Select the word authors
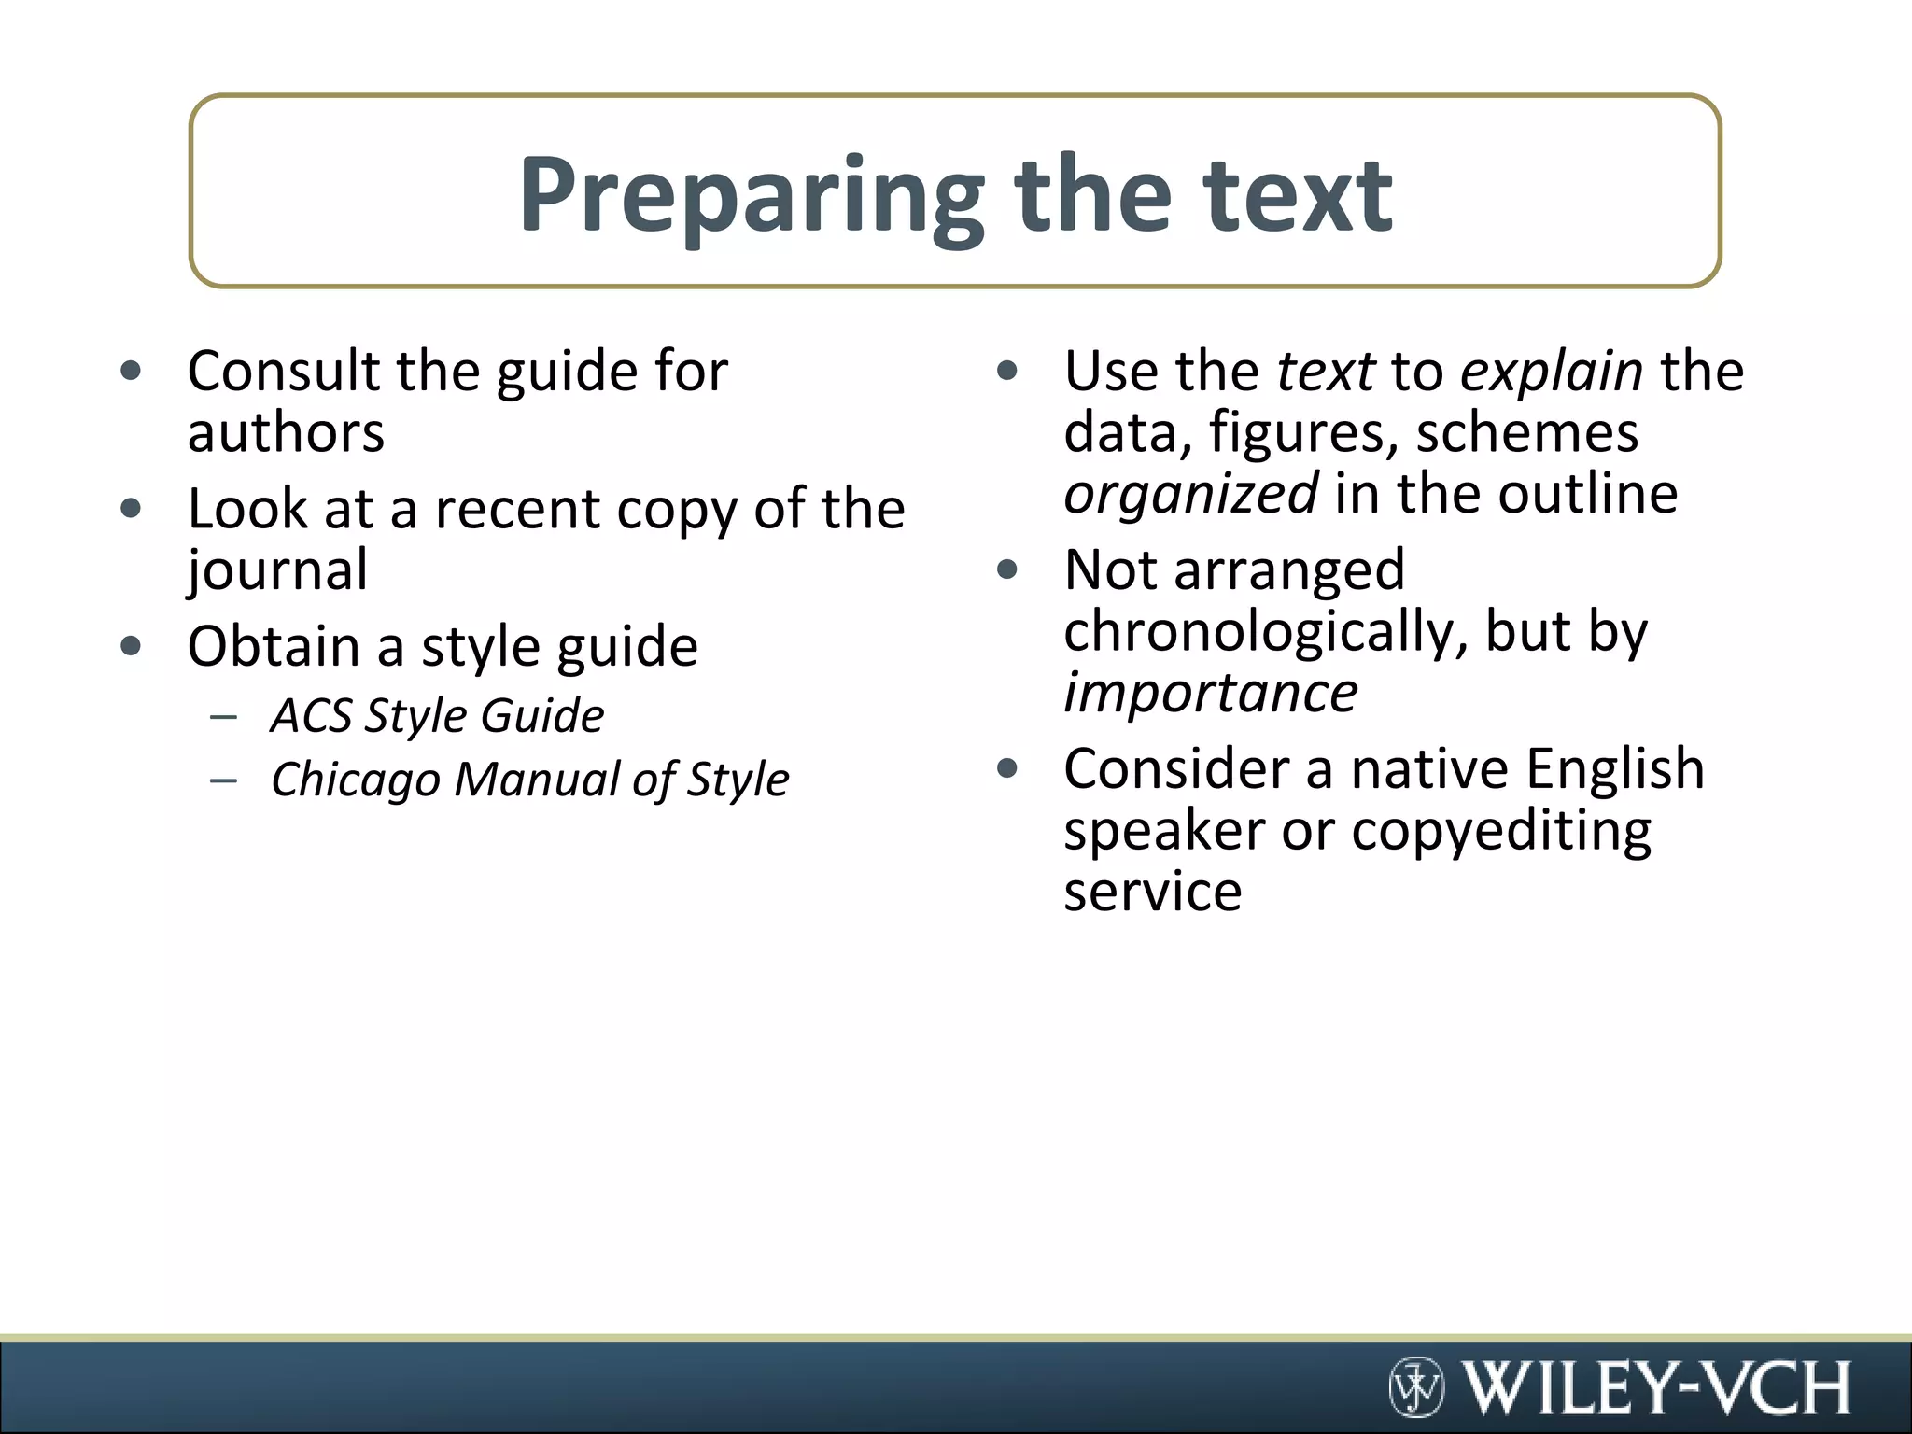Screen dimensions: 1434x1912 [x=286, y=432]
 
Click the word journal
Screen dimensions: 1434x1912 [x=277, y=570]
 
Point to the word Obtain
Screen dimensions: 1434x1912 [x=274, y=646]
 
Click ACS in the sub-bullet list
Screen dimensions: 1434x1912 [x=309, y=716]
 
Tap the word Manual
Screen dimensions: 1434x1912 [x=536, y=780]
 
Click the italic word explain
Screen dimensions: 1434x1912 [x=1551, y=371]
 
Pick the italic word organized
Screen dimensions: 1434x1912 [x=1190, y=494]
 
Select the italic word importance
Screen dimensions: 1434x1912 [x=1211, y=693]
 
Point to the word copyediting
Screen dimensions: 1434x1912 [x=1501, y=831]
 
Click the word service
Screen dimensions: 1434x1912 [x=1153, y=892]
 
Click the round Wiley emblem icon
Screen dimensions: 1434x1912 [x=1416, y=1387]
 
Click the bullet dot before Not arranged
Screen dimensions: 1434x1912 [x=1006, y=569]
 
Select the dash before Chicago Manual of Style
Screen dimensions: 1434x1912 [x=224, y=780]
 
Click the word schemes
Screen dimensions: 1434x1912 [x=1526, y=432]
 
